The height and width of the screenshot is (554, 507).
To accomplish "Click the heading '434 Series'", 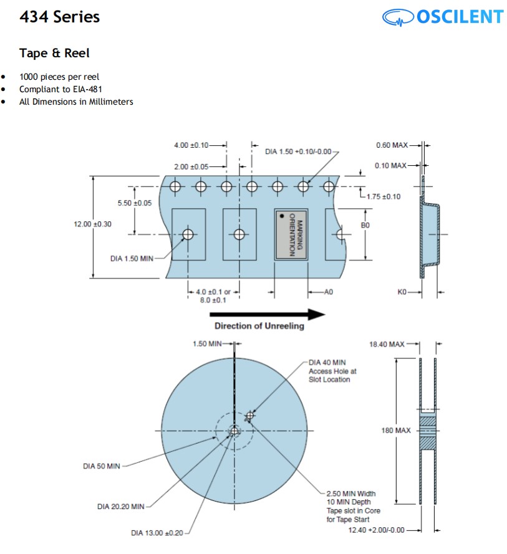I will tap(59, 17).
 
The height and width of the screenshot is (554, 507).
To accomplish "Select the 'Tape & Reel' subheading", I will tap(54, 53).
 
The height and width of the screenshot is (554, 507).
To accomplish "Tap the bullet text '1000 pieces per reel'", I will tap(59, 77).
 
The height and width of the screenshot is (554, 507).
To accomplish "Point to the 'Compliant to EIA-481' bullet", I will tap(60, 89).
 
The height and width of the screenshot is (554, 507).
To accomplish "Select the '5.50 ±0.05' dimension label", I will tap(134, 203).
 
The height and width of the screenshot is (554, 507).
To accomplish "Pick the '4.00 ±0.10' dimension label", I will tap(191, 145).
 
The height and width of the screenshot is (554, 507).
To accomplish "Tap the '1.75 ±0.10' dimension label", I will tap(384, 196).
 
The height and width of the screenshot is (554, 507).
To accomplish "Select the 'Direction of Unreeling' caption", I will tap(259, 326).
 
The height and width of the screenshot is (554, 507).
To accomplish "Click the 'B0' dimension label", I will tap(366, 225).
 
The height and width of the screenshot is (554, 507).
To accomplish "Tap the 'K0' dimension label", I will tap(402, 291).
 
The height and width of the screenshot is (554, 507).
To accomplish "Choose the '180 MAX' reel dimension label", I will tap(396, 431).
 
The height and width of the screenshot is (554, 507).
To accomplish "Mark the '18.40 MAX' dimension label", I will tap(387, 343).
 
